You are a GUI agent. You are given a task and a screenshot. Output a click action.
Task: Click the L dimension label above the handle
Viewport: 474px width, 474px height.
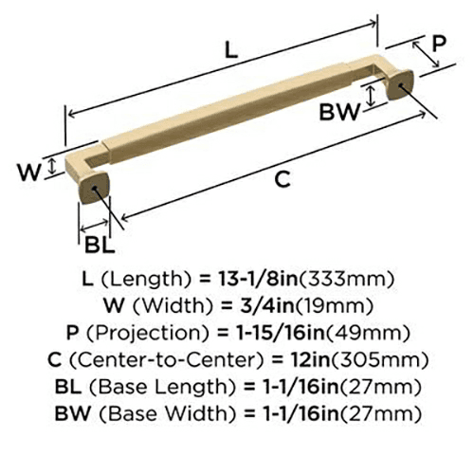231,50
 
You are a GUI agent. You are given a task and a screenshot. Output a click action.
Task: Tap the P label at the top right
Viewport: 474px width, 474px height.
439,44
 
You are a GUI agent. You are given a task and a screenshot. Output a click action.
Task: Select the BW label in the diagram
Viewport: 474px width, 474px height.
339,112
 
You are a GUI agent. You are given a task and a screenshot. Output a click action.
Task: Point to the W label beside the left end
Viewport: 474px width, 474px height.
29,173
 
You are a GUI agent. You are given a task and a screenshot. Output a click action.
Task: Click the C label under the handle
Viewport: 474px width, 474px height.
283,179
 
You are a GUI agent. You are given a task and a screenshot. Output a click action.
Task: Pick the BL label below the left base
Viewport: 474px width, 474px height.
100,245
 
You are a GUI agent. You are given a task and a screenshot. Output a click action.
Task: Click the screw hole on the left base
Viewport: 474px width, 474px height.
94,188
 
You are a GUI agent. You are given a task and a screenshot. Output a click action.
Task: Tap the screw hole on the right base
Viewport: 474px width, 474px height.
400,85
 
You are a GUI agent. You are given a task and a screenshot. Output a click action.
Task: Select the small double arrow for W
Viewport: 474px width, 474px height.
52,167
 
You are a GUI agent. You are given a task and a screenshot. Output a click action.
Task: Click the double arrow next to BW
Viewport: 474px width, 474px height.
371,97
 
